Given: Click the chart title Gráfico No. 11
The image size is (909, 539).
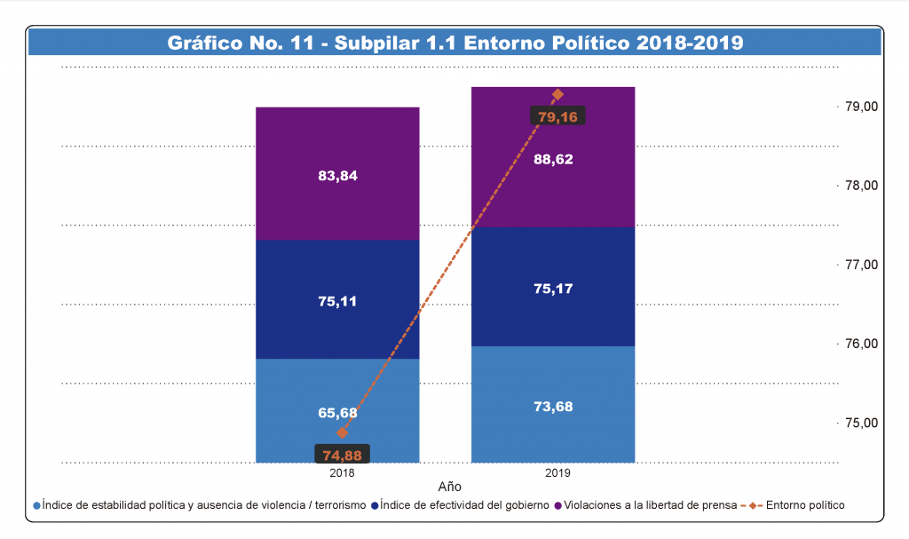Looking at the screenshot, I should pyautogui.click(x=454, y=42).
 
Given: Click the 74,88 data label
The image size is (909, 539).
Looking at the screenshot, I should pyautogui.click(x=342, y=456).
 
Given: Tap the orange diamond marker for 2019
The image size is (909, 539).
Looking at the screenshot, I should pyautogui.click(x=557, y=94).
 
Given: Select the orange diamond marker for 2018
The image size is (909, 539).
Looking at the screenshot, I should pyautogui.click(x=342, y=433).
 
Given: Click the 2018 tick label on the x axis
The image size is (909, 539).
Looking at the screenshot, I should pyautogui.click(x=342, y=473).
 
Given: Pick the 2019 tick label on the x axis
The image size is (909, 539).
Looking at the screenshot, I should pyautogui.click(x=557, y=473).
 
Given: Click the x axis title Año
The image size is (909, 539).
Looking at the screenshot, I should pyautogui.click(x=450, y=487).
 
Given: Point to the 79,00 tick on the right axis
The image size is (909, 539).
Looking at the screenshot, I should pyautogui.click(x=860, y=107).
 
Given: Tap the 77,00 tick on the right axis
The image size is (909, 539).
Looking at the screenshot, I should pyautogui.click(x=860, y=265).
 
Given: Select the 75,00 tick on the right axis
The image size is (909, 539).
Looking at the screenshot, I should pyautogui.click(x=860, y=423).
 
